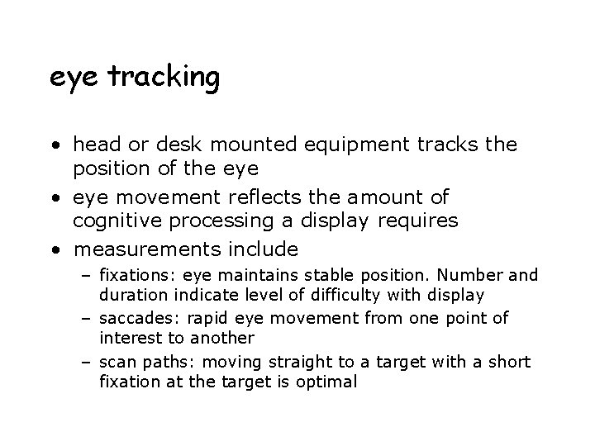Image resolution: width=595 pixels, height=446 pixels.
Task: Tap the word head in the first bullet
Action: (x=95, y=145)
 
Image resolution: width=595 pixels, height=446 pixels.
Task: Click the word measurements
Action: (x=147, y=249)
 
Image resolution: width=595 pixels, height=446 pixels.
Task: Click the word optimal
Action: (x=330, y=381)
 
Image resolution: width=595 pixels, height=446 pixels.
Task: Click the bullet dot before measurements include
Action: (x=55, y=249)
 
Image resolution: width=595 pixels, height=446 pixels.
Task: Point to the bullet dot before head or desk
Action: (x=55, y=146)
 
